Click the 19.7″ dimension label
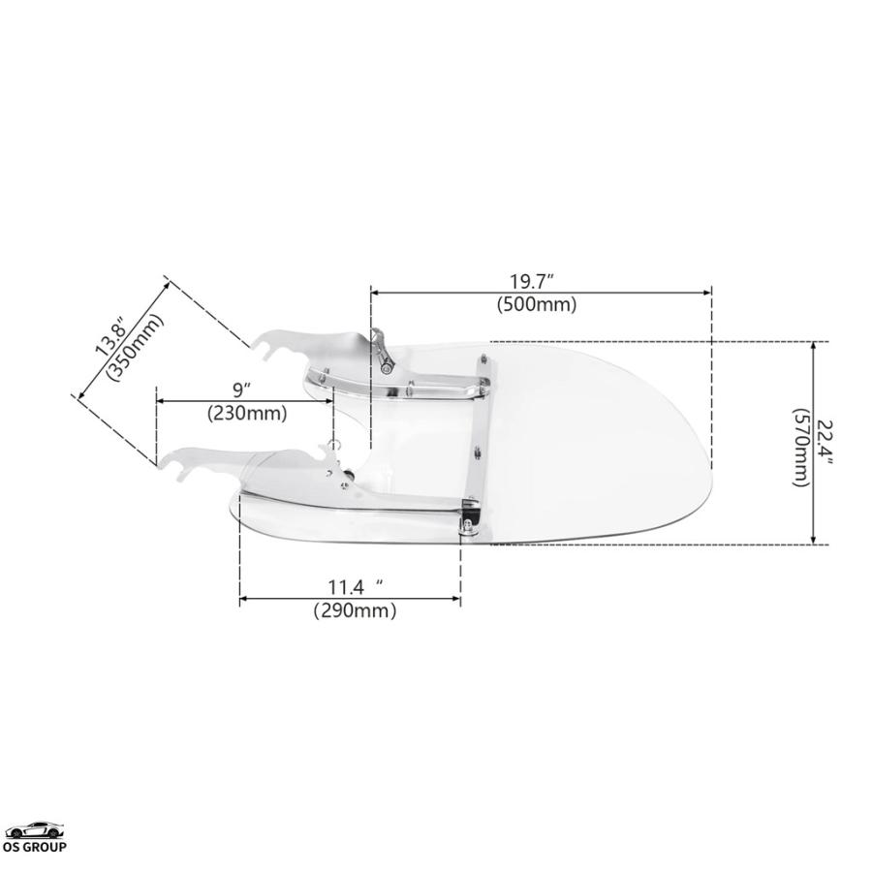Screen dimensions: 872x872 pyautogui.click(x=531, y=282)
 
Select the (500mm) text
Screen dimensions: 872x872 pyautogui.click(x=537, y=304)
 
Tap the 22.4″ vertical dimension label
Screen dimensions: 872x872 pyautogui.click(x=825, y=442)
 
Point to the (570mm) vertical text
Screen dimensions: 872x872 pyautogui.click(x=801, y=448)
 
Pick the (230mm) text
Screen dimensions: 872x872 pyautogui.click(x=247, y=413)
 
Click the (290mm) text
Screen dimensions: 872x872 pyautogui.click(x=355, y=610)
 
